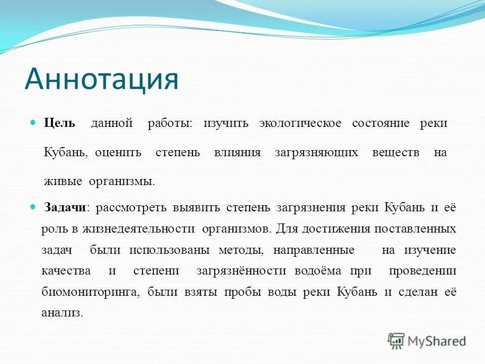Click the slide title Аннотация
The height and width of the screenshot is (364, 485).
102,78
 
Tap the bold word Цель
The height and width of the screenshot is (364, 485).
60,123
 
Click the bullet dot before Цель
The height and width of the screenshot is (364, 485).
34,123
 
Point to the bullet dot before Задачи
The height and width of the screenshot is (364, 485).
34,207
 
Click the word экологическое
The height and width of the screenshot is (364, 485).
300,124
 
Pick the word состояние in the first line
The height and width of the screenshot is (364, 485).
380,124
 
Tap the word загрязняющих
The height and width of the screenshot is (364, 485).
316,153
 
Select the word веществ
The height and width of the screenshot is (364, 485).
396,153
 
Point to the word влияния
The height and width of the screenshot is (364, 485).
237,153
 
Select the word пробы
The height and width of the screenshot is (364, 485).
239,292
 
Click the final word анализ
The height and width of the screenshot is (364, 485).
61,313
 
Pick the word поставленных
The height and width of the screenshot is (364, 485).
415,229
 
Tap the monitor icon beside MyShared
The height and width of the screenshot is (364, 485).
397,340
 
